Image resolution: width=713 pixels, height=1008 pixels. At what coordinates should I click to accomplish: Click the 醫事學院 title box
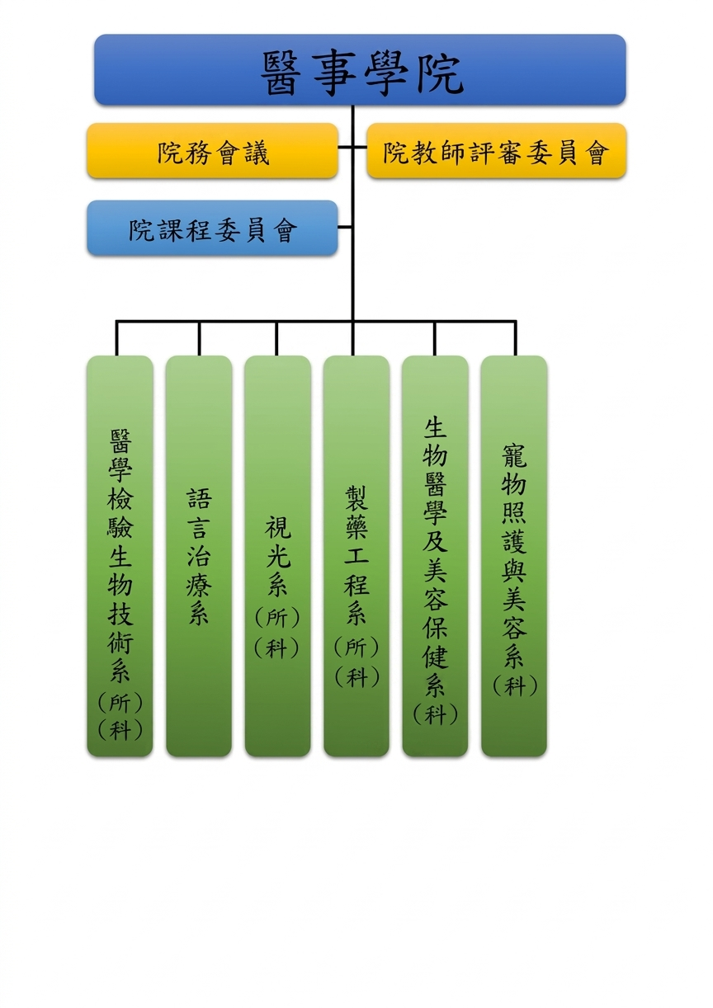click(x=360, y=70)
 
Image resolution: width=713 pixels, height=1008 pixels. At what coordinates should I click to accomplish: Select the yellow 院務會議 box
click(x=212, y=151)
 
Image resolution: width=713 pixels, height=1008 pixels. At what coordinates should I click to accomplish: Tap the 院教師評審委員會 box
click(x=497, y=151)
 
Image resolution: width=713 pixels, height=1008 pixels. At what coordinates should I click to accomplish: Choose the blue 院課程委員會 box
click(x=212, y=228)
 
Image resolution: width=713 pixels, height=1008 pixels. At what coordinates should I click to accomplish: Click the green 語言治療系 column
click(x=199, y=556)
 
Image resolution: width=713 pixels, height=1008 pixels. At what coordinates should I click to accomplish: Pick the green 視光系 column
click(x=278, y=556)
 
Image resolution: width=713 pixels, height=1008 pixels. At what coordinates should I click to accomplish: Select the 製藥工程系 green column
click(x=356, y=556)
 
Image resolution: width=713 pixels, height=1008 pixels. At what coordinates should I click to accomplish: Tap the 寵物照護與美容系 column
click(x=514, y=556)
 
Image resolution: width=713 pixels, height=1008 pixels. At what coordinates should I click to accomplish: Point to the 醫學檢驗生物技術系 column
click(x=120, y=556)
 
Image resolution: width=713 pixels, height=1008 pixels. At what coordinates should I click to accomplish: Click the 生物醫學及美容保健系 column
click(x=435, y=556)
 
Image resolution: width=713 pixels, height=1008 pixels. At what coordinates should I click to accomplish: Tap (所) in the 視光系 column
click(x=277, y=617)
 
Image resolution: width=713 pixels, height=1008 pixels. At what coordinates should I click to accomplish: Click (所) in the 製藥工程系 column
click(x=356, y=647)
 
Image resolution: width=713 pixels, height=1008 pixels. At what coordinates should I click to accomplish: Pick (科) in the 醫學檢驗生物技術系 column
click(x=120, y=729)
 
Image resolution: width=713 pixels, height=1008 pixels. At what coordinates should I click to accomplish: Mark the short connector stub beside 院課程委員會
click(x=345, y=227)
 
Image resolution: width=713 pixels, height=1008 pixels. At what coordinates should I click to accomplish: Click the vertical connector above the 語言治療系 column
click(x=199, y=338)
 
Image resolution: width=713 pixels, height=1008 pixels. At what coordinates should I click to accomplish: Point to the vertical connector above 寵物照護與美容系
click(x=515, y=338)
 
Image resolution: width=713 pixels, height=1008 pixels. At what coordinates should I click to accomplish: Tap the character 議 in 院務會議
click(x=257, y=153)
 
